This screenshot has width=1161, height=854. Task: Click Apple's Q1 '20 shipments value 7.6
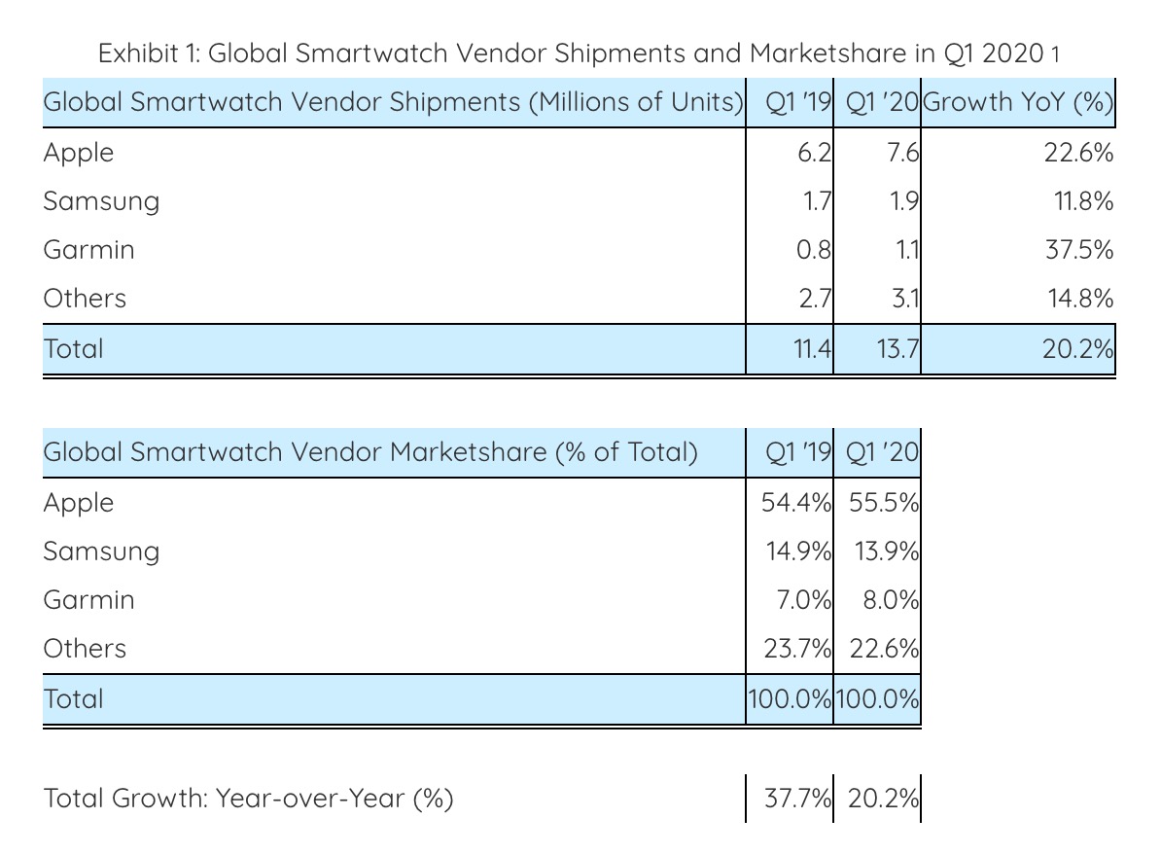click(903, 154)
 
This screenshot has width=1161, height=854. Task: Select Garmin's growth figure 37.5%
click(1078, 250)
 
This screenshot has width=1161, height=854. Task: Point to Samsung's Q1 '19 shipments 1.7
click(815, 202)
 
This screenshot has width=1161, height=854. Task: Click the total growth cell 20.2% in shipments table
click(1077, 349)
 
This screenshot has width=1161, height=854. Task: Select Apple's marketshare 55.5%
click(883, 503)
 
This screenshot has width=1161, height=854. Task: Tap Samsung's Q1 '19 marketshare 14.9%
click(797, 552)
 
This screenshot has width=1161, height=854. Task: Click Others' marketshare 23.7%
click(797, 649)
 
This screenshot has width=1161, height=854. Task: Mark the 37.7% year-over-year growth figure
click(797, 800)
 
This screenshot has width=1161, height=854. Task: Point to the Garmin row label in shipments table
click(88, 250)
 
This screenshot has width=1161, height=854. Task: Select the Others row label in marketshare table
click(85, 649)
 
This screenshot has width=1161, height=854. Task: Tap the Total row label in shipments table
click(73, 349)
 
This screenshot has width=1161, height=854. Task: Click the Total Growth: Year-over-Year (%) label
click(249, 800)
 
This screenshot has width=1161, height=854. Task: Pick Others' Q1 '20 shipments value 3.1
click(905, 299)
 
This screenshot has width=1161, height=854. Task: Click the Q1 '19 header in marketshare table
click(798, 452)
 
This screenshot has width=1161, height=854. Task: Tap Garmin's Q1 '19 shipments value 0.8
click(813, 250)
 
